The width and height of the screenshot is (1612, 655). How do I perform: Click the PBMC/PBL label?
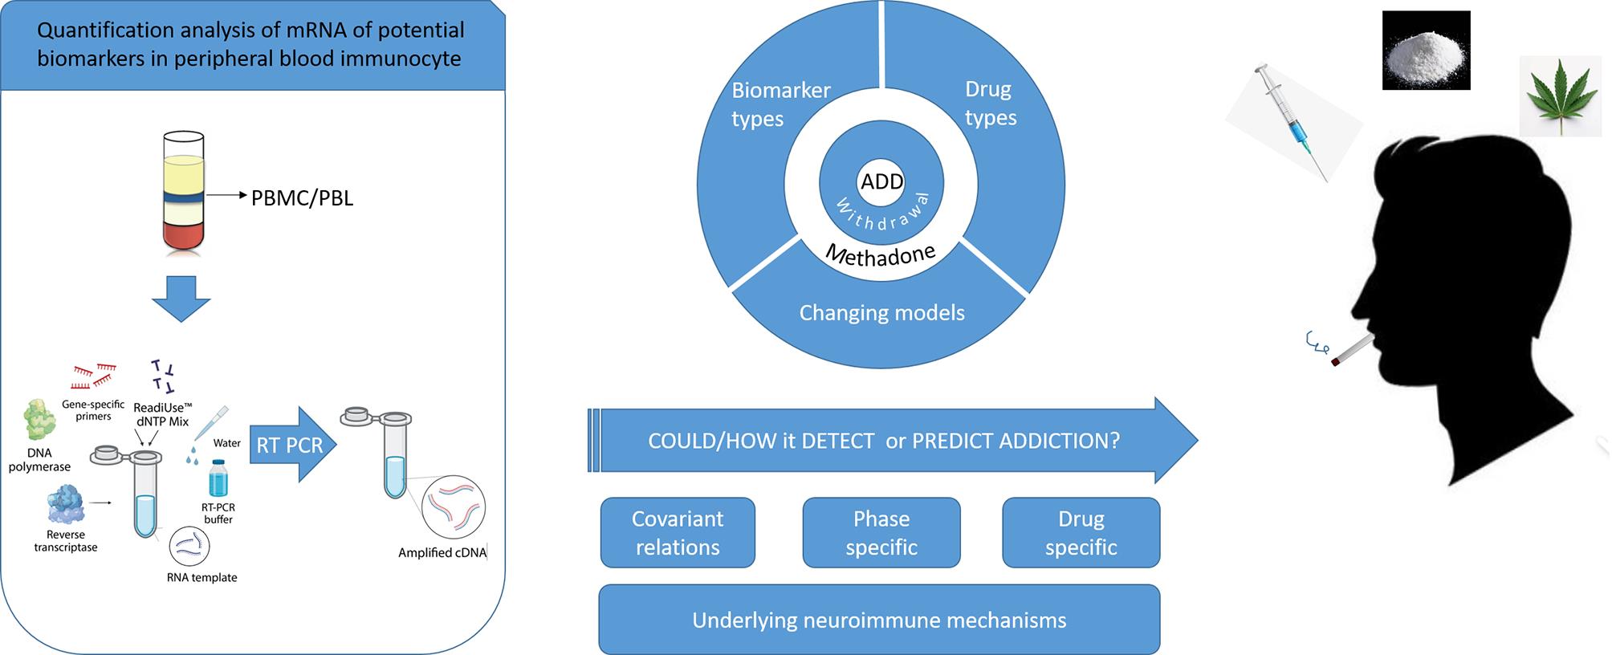click(x=302, y=197)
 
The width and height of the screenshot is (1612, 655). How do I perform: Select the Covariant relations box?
click(x=678, y=533)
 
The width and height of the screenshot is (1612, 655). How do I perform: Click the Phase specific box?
click(x=881, y=533)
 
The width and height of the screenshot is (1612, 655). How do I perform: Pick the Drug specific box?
click(x=1081, y=533)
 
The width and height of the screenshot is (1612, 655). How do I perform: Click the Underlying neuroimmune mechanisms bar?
click(x=879, y=620)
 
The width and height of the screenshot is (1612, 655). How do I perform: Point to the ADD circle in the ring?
click(x=881, y=181)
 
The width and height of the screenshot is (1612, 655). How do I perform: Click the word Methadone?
click(x=881, y=254)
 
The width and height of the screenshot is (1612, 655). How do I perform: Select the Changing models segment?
click(x=881, y=313)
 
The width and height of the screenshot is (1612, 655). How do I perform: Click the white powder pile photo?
click(x=1427, y=50)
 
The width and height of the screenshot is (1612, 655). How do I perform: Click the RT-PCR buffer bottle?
click(x=218, y=479)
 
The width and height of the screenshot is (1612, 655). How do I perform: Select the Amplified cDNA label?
click(x=442, y=553)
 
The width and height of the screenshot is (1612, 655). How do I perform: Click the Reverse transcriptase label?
click(x=66, y=541)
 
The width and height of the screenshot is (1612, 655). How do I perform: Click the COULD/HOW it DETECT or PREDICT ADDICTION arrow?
click(x=893, y=441)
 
